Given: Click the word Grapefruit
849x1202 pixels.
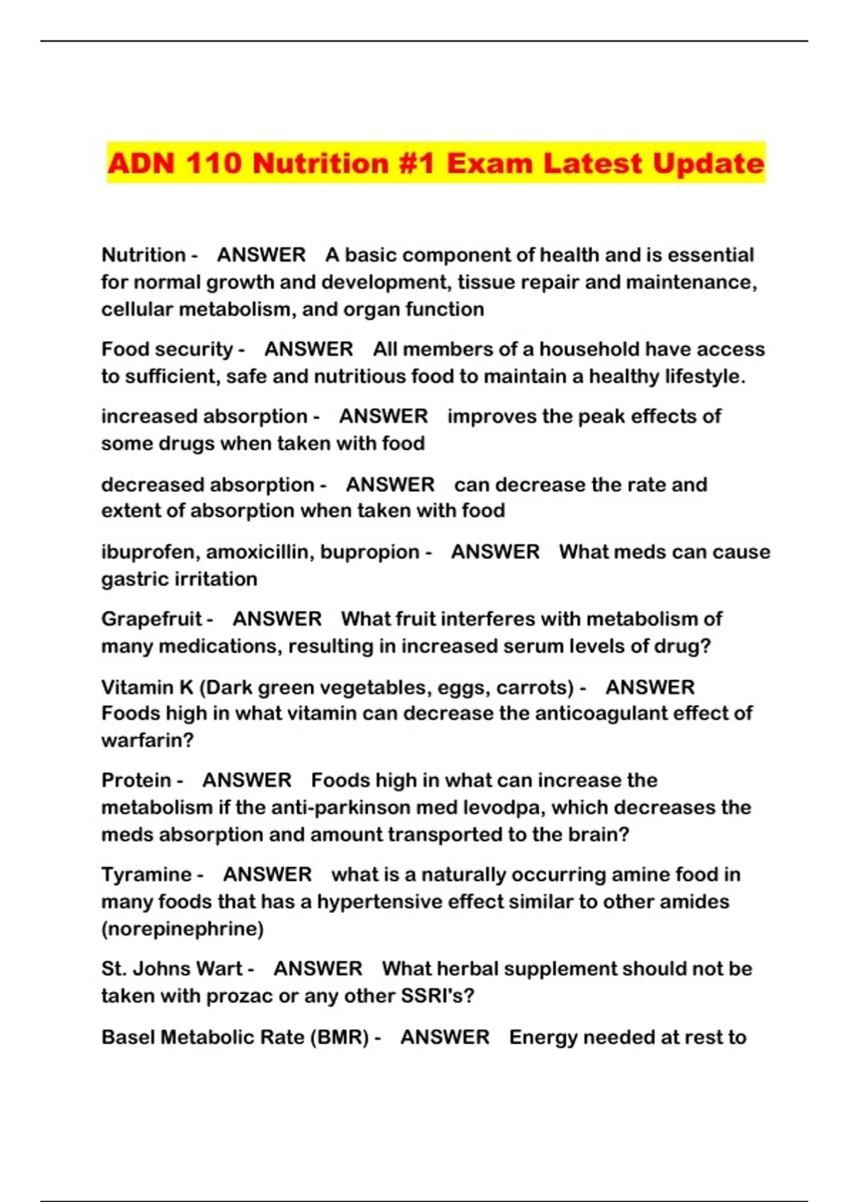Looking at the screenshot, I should [x=151, y=619].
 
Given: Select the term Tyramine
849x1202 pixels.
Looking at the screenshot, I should [x=146, y=875].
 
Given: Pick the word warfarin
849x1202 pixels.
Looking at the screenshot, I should [x=147, y=740].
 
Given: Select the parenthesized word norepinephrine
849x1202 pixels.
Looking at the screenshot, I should [x=183, y=929].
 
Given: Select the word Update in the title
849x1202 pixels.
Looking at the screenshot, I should [x=708, y=163].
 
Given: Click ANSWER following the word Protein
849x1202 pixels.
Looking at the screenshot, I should [x=247, y=781].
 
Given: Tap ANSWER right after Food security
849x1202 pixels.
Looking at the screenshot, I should [x=308, y=349].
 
